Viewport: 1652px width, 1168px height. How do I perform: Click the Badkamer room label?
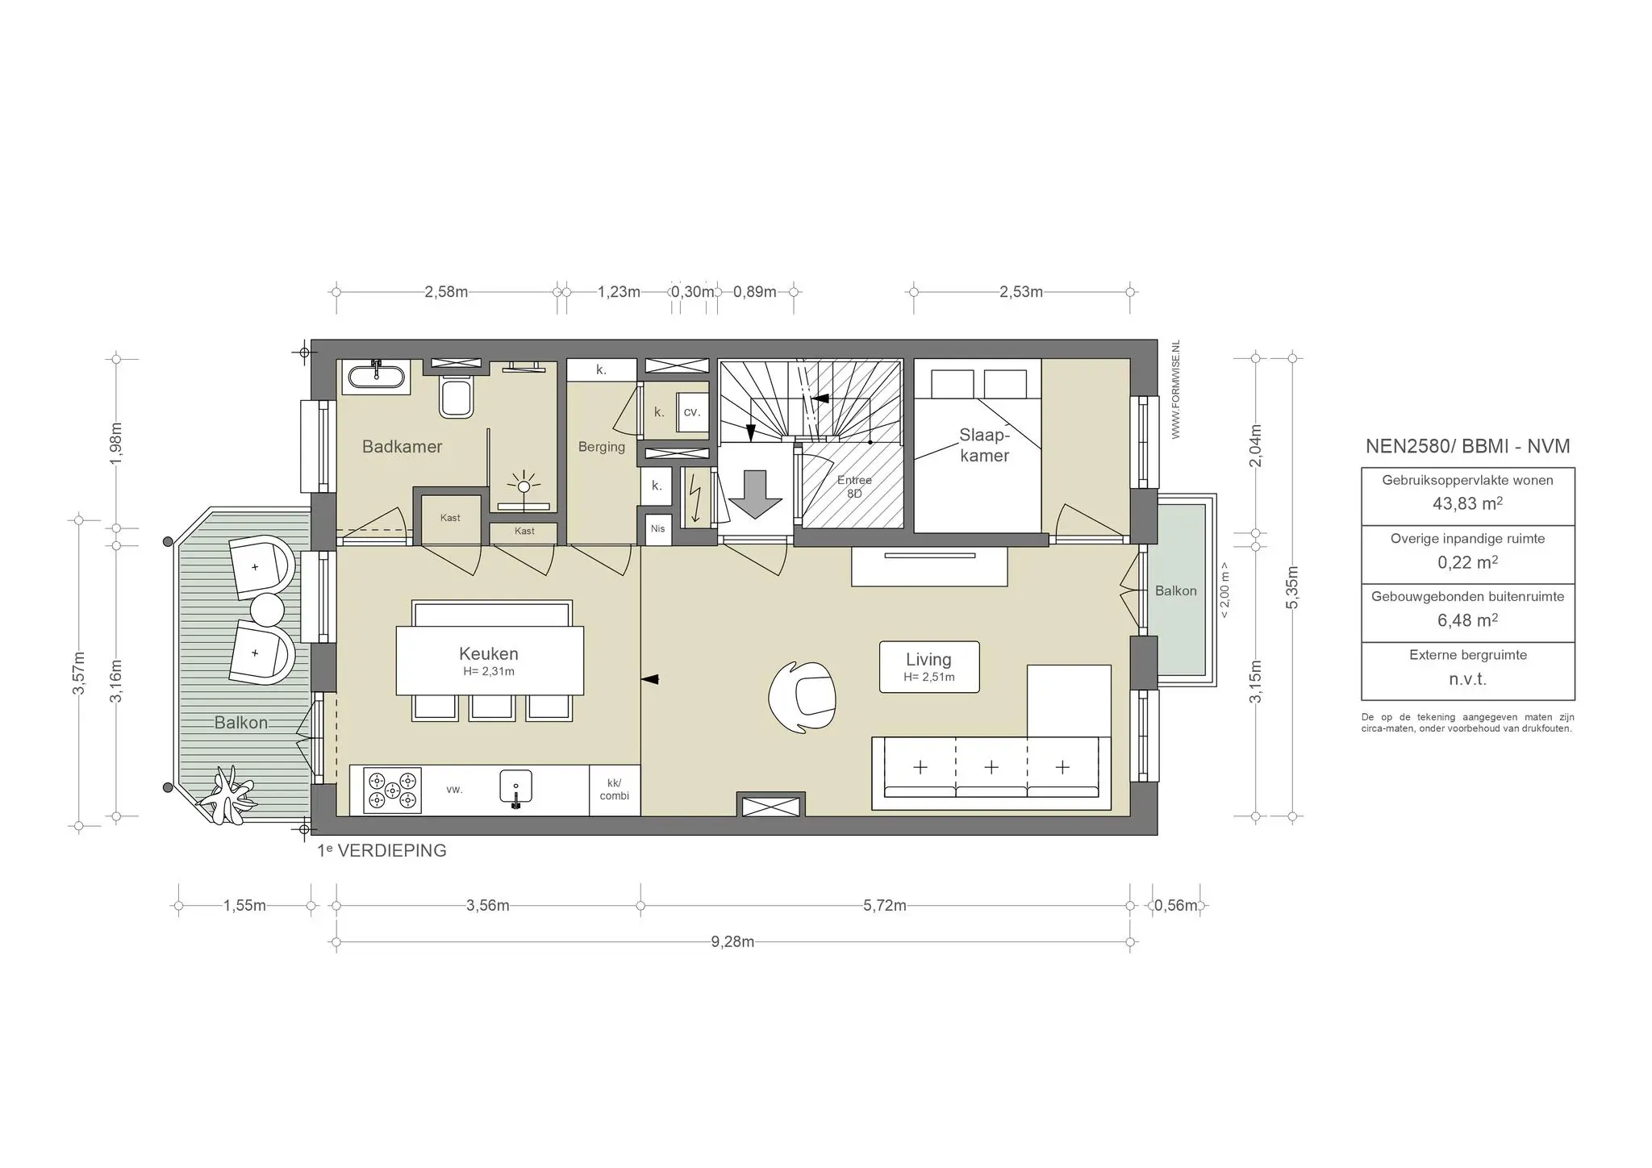(x=402, y=447)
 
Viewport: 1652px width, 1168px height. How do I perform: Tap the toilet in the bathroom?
(x=456, y=396)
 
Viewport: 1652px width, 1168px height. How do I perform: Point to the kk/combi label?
(x=615, y=790)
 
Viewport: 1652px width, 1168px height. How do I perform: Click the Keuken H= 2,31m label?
(x=489, y=661)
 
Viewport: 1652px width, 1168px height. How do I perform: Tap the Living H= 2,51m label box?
(x=928, y=666)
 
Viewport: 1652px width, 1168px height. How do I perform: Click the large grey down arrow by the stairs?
(x=755, y=494)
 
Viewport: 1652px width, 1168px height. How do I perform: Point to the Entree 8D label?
(x=854, y=486)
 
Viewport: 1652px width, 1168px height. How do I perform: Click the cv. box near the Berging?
(x=691, y=412)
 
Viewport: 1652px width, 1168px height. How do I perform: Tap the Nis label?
(x=657, y=528)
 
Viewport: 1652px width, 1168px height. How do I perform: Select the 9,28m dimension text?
(x=732, y=942)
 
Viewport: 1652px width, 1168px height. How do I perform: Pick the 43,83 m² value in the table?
(x=1467, y=504)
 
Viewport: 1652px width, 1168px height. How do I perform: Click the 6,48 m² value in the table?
(x=1467, y=620)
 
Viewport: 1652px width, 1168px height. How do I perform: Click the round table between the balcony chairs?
(x=266, y=610)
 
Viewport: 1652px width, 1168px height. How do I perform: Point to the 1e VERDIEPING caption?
(x=382, y=851)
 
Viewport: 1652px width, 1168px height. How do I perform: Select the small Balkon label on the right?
(x=1175, y=591)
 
